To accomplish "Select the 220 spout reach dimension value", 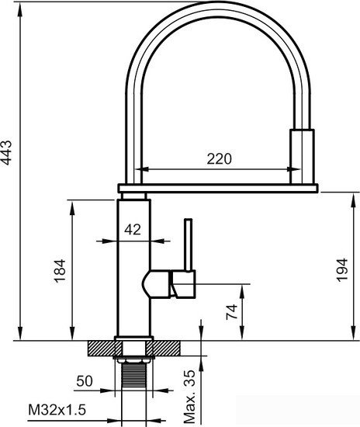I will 220,159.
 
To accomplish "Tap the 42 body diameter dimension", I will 133,229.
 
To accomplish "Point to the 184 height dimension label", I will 61,268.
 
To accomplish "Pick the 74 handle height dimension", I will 230,312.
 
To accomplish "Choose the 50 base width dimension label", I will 85,381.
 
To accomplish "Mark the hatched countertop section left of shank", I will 101,348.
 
